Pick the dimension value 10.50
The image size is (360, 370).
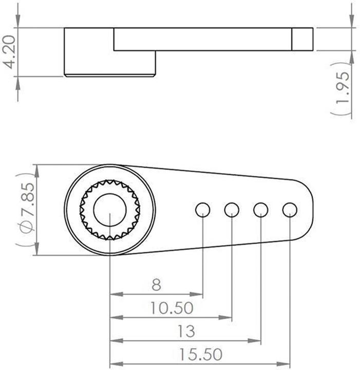point(172,308)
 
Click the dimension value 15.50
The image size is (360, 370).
point(201,355)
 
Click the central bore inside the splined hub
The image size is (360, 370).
point(110,210)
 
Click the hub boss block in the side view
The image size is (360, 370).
point(109,62)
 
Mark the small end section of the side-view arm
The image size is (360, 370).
point(302,39)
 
